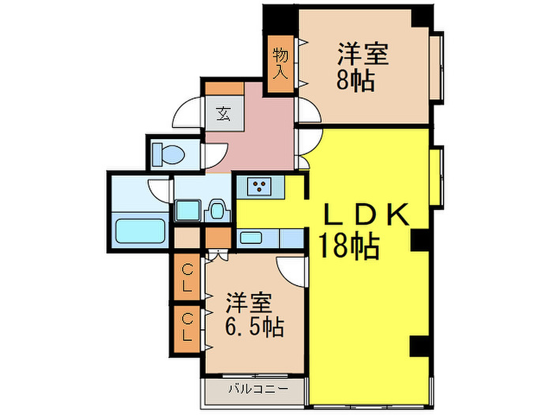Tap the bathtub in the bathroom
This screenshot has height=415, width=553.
140,231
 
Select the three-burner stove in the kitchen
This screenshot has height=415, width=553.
259,187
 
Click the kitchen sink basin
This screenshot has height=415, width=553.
250,238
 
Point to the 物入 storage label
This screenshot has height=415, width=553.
280,64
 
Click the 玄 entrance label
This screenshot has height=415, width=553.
224,114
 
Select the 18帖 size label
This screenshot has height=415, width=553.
349,246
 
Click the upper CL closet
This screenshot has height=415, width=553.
187,277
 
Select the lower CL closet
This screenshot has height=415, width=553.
187,329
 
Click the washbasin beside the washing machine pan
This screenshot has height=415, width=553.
217,211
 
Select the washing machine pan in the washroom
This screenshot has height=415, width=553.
188,210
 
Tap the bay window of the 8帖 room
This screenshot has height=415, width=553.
436,68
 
